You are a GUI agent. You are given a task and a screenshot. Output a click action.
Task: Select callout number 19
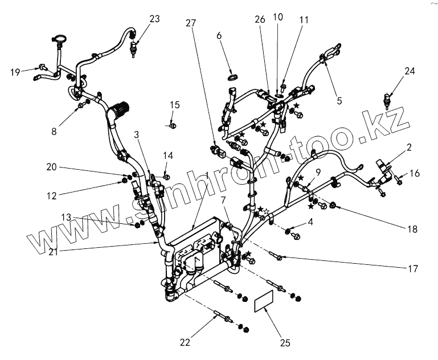15,72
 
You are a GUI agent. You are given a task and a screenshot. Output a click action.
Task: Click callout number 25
285,343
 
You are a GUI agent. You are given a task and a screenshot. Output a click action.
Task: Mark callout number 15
174,105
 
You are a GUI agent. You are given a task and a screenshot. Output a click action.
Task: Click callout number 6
219,36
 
